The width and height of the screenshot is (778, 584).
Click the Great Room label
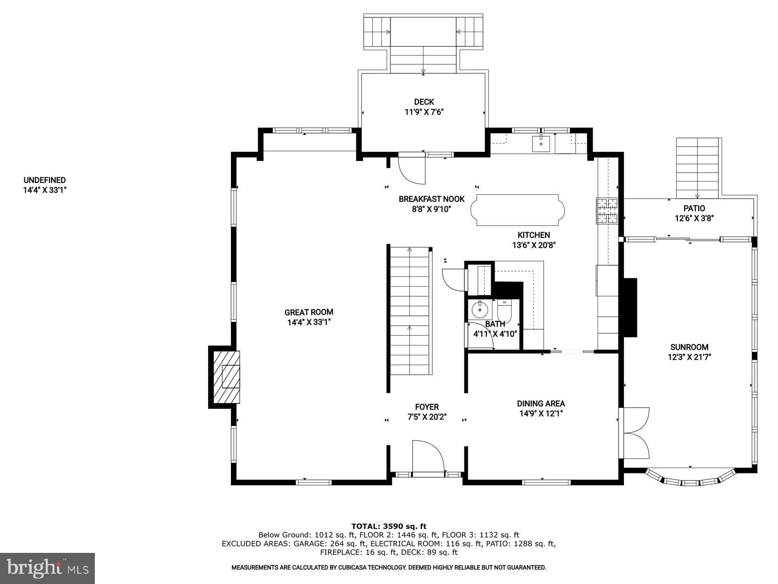tap(309, 312)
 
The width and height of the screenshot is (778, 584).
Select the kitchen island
tap(518, 210)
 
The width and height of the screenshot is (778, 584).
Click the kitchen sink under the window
tap(541, 144)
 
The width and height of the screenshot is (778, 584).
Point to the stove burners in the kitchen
tap(607, 211)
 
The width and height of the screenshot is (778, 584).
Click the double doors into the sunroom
tap(635, 433)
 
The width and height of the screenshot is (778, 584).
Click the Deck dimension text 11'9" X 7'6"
tap(424, 112)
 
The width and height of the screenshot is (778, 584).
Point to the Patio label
tap(694, 208)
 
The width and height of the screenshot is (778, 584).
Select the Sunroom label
tap(689, 347)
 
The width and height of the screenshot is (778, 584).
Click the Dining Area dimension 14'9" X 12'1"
tap(541, 414)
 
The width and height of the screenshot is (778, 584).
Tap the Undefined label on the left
tap(44, 180)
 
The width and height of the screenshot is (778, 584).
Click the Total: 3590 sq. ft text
tap(389, 526)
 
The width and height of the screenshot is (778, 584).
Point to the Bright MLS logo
tap(47, 568)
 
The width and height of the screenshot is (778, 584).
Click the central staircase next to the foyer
tap(409, 311)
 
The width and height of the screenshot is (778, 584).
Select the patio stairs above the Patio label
tap(697, 165)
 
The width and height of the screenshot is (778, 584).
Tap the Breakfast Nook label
tap(431, 199)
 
